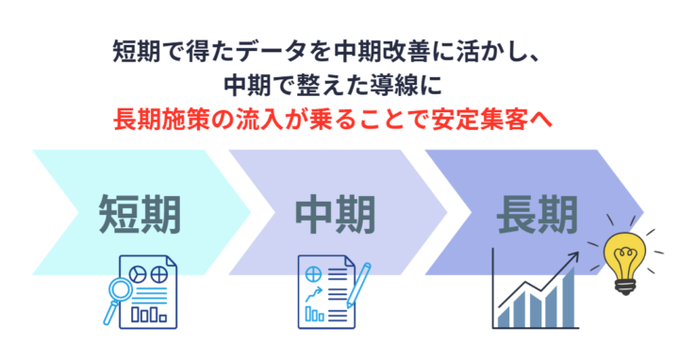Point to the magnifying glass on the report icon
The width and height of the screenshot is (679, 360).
(124, 296)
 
